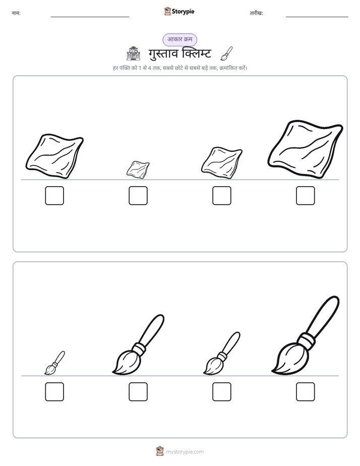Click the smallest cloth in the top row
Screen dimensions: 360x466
(138, 169)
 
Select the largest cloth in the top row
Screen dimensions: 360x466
(306, 149)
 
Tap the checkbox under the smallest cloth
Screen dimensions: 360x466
(138, 196)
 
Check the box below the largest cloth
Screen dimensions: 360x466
(306, 196)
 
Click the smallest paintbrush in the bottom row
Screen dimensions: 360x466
(54, 363)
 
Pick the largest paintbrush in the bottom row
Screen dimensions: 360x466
(306, 335)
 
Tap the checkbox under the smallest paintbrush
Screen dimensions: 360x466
(54, 392)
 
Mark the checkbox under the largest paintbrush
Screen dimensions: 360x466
(306, 392)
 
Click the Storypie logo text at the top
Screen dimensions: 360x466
(183, 12)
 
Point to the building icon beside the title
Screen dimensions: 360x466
(134, 53)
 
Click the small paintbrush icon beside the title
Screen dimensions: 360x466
(226, 53)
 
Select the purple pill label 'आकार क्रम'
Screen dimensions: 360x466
(179, 39)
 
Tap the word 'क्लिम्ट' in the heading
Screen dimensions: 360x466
(196, 53)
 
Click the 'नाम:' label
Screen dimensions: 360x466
(16, 13)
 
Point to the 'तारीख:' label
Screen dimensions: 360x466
(256, 13)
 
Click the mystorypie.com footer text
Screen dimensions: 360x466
(185, 452)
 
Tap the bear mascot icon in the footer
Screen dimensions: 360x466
(160, 451)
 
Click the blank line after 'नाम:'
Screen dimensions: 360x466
(90, 17)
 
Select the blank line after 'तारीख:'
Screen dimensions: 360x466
(317, 17)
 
